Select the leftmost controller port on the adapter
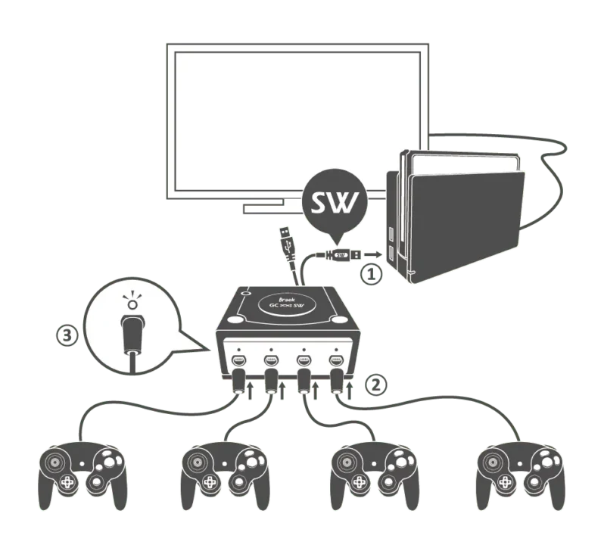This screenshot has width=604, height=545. (x=237, y=359)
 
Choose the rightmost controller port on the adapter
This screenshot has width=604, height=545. (x=336, y=359)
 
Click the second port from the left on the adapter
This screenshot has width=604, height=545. (x=270, y=359)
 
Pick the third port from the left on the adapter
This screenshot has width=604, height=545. (x=304, y=359)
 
